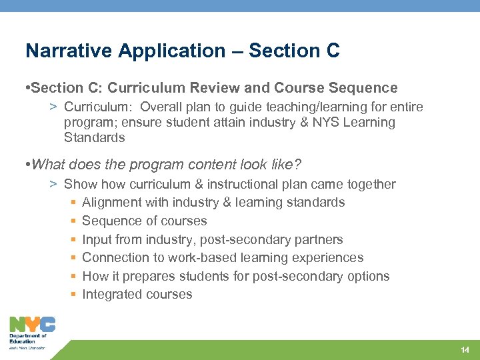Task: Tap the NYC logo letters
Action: tap(32, 325)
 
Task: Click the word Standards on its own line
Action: tap(94, 138)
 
